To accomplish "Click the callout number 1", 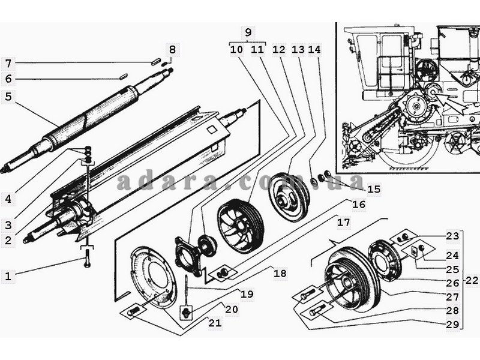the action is pos(8,276).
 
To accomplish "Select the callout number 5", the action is pos(8,97).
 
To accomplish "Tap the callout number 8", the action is pos(172,49).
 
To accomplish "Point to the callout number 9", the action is pos(248,32).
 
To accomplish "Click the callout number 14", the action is pos(314,49).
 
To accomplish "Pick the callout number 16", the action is pos(359,204).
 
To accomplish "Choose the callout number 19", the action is pos(247,294).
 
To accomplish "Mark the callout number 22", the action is pos(472,280).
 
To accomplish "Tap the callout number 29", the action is pos(452,325).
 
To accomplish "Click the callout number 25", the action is pos(452,269).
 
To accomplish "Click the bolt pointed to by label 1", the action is pos(87,258).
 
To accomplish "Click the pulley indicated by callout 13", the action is pos(289,197).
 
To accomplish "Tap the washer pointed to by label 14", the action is pos(314,181).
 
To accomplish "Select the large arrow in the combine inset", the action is pos(452,103).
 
